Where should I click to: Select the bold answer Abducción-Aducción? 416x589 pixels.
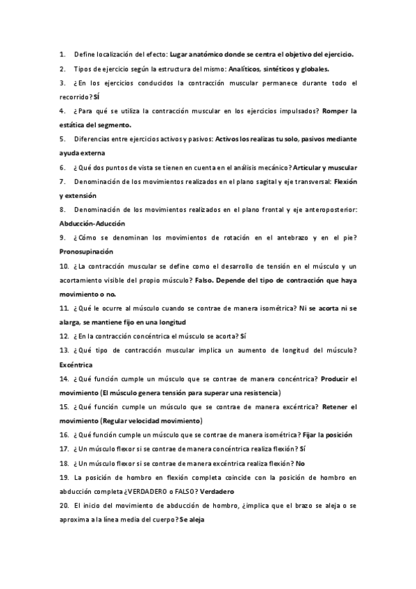coord(92,224)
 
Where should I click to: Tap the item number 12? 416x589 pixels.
coord(64,335)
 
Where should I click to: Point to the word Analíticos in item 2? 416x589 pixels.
coord(247,69)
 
